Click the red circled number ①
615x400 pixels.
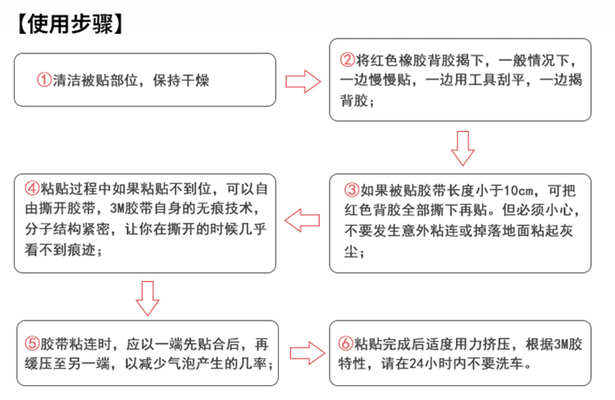(x=43, y=80)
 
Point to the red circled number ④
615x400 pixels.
(x=30, y=186)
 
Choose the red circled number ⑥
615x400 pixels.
(x=346, y=343)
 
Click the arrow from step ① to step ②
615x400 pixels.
(x=301, y=80)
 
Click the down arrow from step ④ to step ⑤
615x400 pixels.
(x=147, y=297)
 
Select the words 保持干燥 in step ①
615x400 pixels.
(x=186, y=80)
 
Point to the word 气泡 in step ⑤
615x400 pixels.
(x=178, y=363)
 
